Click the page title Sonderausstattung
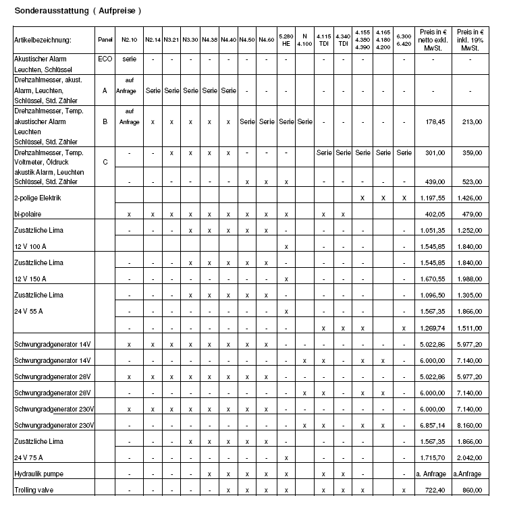[78, 11]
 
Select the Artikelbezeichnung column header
[43, 40]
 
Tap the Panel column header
[105, 40]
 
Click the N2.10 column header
[129, 40]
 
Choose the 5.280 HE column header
[286, 40]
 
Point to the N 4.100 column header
[304, 40]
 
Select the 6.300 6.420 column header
[404, 40]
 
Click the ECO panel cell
[105, 59]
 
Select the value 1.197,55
[433, 198]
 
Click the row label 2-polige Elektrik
[38, 198]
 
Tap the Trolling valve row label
[34, 490]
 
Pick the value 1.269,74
[433, 328]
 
